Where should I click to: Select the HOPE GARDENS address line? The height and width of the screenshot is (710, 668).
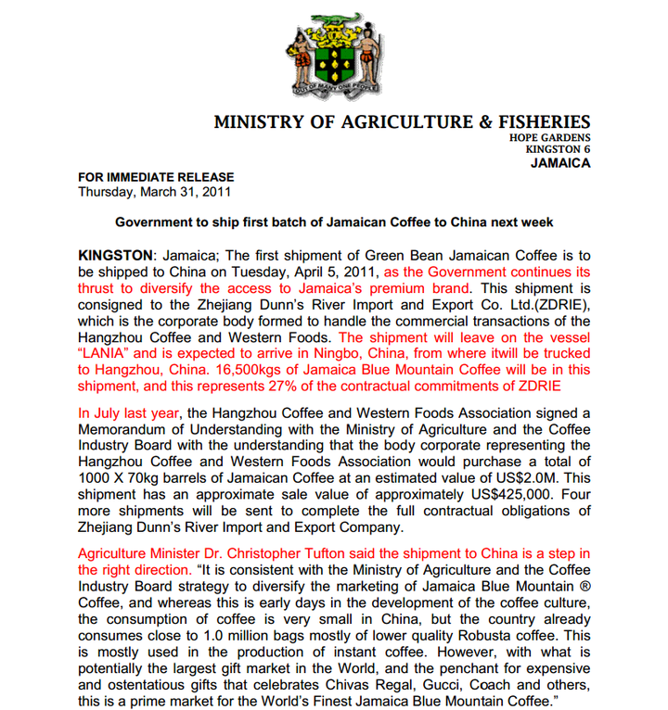tap(549, 138)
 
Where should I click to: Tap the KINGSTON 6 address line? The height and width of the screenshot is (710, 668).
tap(558, 149)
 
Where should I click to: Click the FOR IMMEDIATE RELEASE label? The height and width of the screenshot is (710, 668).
tap(156, 177)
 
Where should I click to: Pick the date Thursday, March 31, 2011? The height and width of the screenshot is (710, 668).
tap(154, 192)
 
